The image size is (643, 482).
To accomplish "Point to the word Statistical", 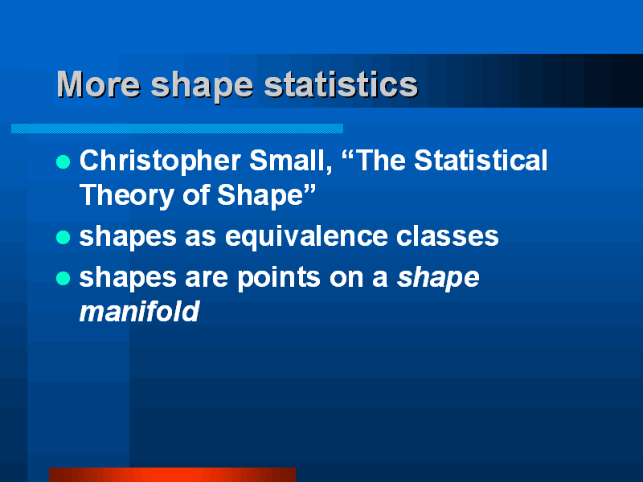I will [481, 161].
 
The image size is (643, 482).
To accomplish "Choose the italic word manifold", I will [139, 312].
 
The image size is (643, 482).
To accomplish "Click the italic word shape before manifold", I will [439, 278].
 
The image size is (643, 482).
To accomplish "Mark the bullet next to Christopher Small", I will [63, 162].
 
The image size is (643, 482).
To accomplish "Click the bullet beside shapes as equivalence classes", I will [63, 238].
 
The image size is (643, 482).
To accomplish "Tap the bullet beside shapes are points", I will [63, 279].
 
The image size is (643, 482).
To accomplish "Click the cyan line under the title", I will [177, 129].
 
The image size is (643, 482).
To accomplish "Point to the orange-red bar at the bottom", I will [172, 474].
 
